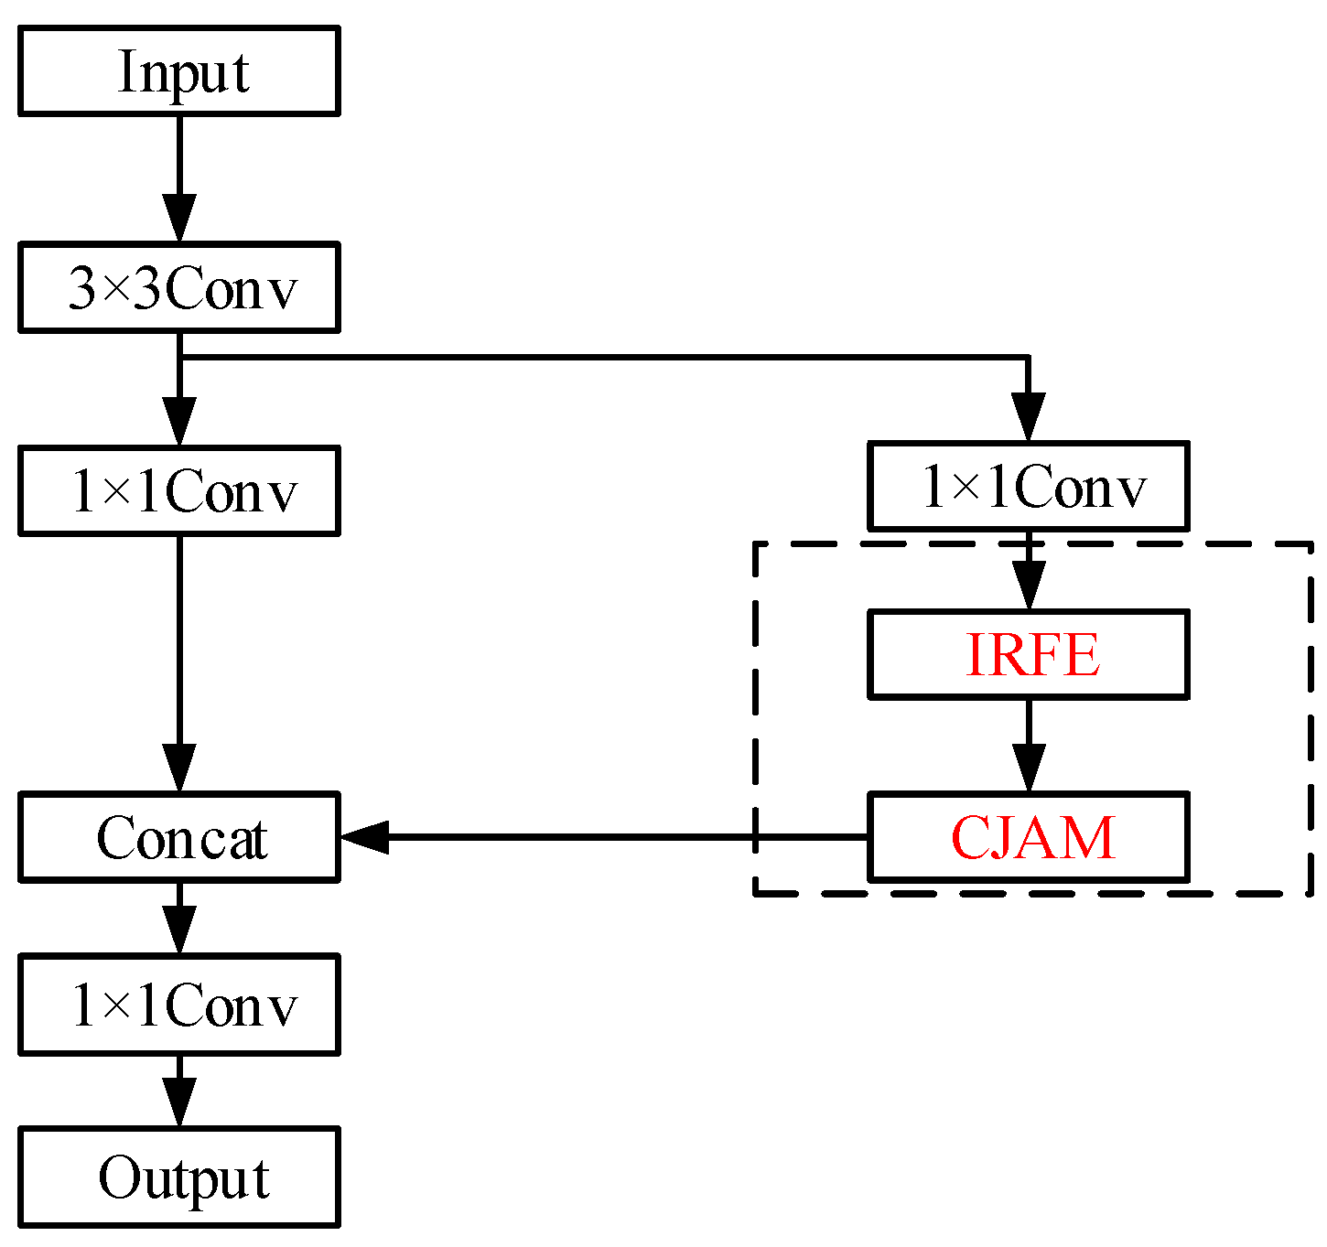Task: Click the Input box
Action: tap(179, 71)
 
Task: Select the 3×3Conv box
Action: tap(179, 287)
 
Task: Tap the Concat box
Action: tap(179, 837)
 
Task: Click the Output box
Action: tap(179, 1177)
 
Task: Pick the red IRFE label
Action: tap(1032, 655)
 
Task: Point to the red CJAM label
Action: tap(1032, 837)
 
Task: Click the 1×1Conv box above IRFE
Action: tap(1028, 486)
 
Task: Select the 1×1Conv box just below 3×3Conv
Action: tap(179, 491)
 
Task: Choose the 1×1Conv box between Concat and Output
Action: tap(179, 1005)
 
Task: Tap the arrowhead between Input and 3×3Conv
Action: tap(179, 220)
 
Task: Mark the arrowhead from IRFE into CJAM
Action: tap(1029, 769)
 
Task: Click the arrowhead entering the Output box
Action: tap(179, 1104)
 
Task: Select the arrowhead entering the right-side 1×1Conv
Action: tap(1029, 419)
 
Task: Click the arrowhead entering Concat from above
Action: tap(179, 769)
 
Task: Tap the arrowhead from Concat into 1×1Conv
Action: tap(179, 931)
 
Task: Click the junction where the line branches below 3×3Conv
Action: tap(179, 357)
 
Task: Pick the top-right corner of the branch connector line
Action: tap(1029, 357)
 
